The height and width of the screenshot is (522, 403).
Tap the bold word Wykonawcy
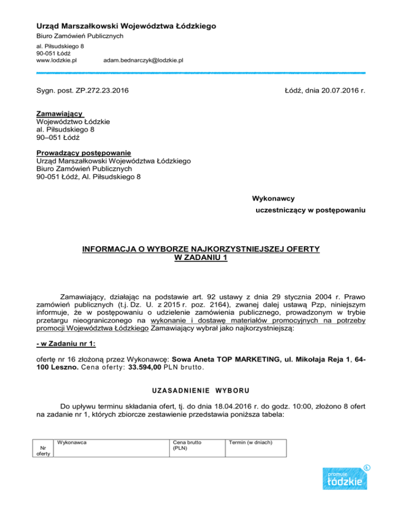coord(273,199)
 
